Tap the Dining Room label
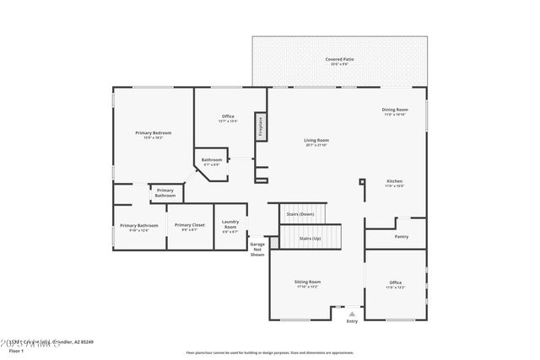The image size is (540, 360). click(x=395, y=110)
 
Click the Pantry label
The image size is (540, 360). click(x=402, y=236)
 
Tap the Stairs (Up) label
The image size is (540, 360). click(x=310, y=239)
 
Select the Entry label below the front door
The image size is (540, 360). click(x=352, y=320)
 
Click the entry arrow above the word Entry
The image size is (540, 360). click(x=352, y=312)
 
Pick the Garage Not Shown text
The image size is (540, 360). click(x=257, y=249)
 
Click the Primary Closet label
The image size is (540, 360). click(x=190, y=225)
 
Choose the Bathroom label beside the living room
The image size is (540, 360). click(x=211, y=160)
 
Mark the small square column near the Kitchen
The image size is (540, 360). click(x=362, y=180)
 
